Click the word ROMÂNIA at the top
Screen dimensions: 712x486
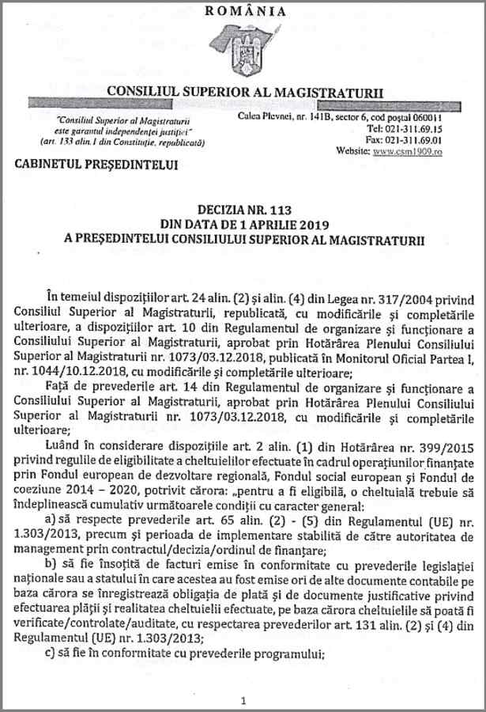click(x=246, y=10)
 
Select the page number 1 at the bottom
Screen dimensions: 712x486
click(x=243, y=700)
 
